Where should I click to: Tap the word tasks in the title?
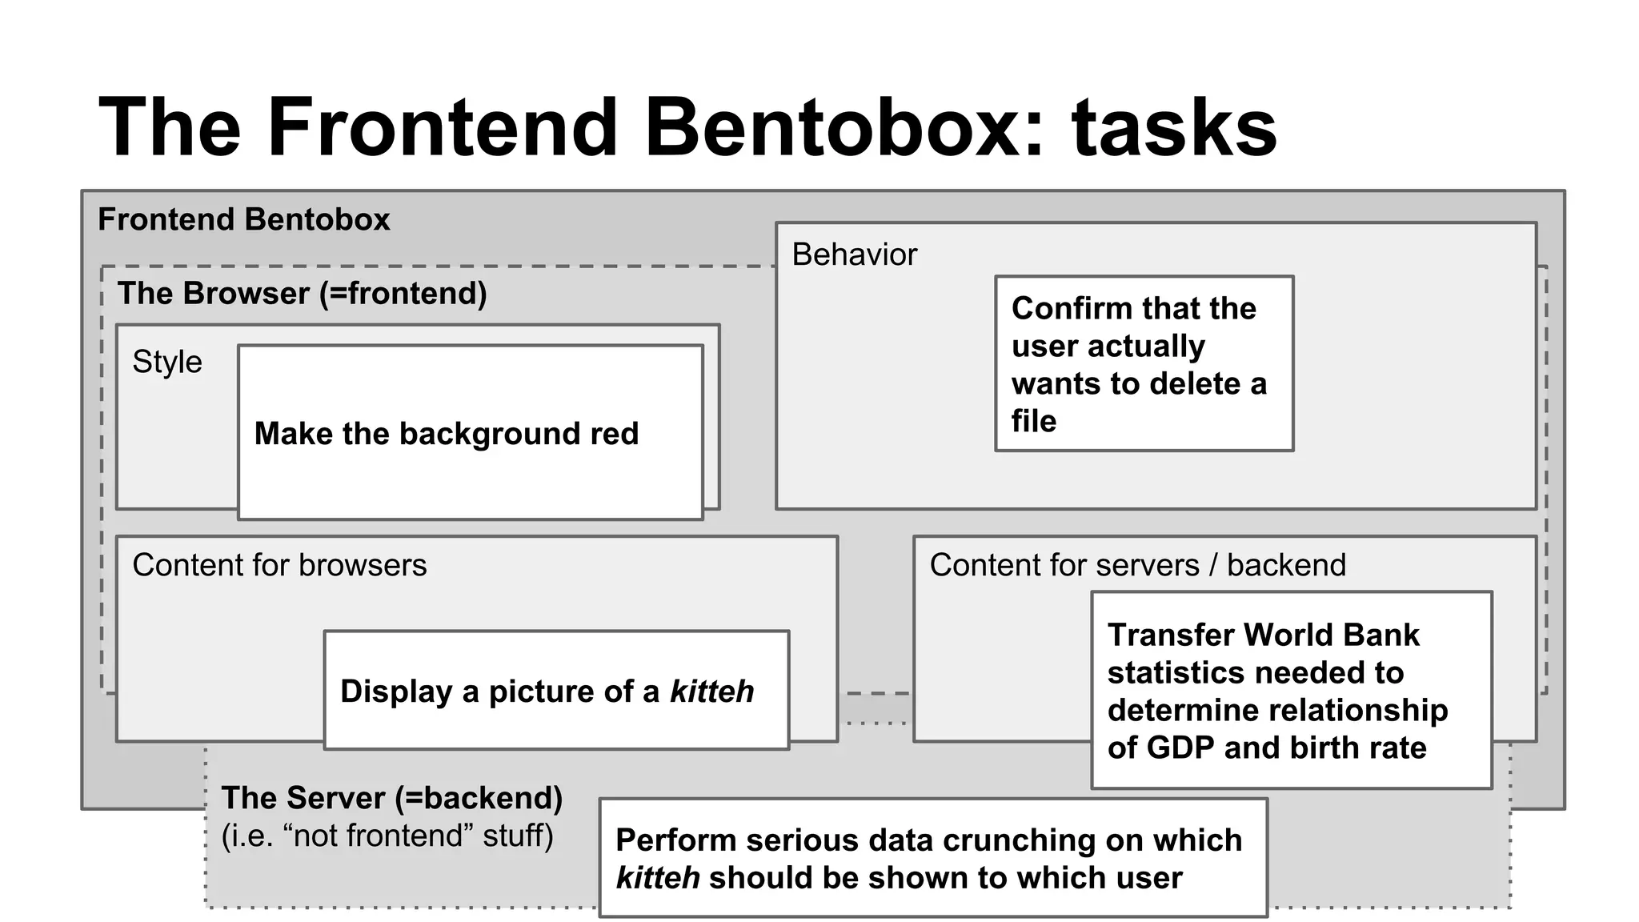pos(1174,128)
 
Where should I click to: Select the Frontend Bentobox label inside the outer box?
pos(244,219)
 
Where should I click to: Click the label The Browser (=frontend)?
pos(303,294)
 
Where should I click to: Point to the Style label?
pos(167,362)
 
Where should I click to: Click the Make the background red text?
pos(447,434)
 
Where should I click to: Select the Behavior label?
pos(854,255)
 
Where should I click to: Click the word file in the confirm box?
pos(1033,421)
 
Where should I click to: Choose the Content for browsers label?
pos(279,565)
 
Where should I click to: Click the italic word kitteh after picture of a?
pos(711,691)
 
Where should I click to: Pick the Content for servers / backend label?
pos(1137,565)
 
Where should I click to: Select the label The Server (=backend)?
pos(392,798)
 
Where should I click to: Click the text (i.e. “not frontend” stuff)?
pos(387,836)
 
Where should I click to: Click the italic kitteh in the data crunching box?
pos(658,878)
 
